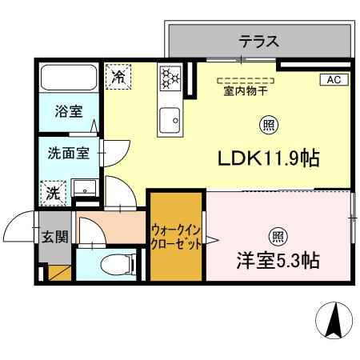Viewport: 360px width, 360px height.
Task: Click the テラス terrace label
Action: (x=258, y=42)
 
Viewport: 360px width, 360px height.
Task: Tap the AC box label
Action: (x=333, y=79)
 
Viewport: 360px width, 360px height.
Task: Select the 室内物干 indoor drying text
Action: (x=246, y=90)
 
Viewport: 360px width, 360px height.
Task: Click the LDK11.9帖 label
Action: (x=269, y=158)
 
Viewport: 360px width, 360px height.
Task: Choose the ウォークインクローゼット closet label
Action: (x=175, y=238)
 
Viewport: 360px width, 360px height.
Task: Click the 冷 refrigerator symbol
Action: (x=118, y=78)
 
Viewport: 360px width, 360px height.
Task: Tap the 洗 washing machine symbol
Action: (x=53, y=191)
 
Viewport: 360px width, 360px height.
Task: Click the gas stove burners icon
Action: (x=170, y=78)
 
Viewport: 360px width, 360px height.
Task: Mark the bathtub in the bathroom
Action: (x=68, y=79)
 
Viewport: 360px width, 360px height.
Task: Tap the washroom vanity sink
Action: (x=83, y=187)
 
